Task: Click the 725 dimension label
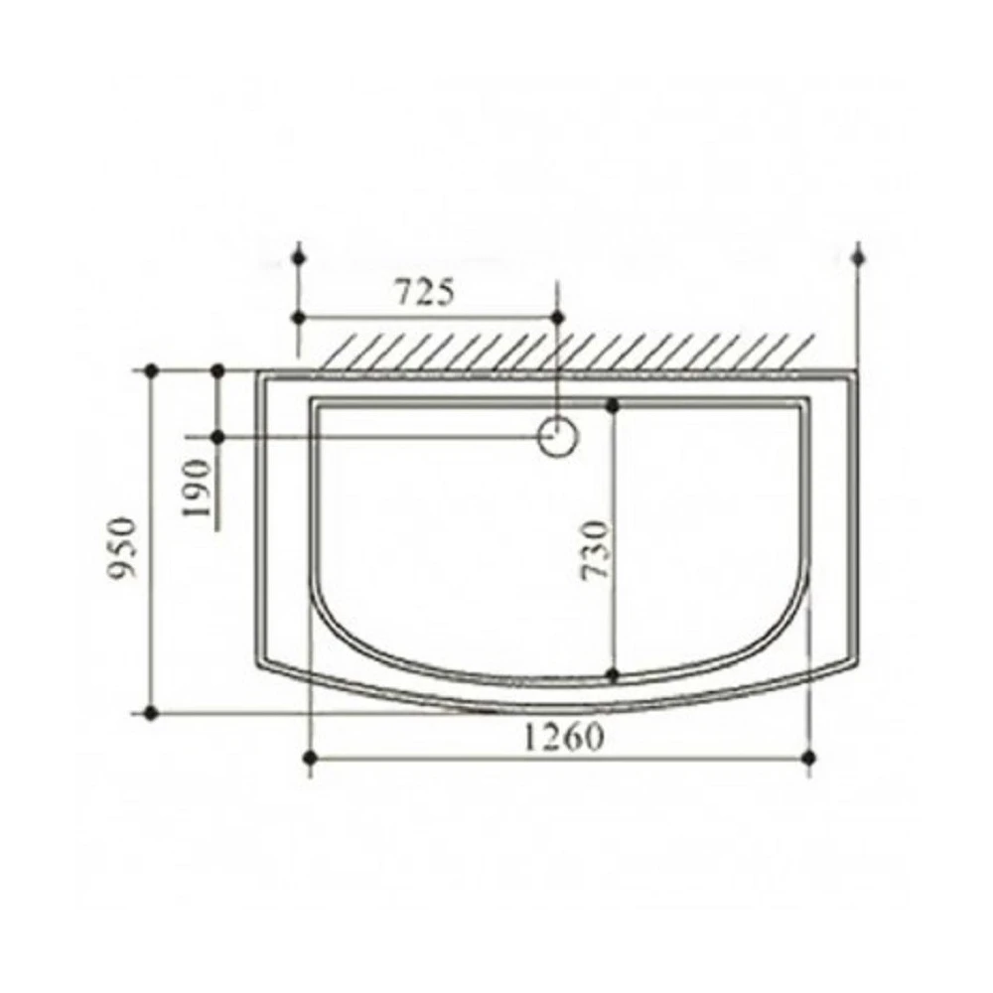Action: [425, 293]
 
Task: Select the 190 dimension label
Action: [197, 488]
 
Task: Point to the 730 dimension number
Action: [596, 549]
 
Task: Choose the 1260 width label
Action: [563, 737]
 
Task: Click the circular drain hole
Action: [558, 436]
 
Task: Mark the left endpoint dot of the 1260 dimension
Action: [310, 758]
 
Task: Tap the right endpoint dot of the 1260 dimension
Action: [808, 758]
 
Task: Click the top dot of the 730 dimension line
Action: [613, 406]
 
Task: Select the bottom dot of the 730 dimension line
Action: [613, 675]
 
